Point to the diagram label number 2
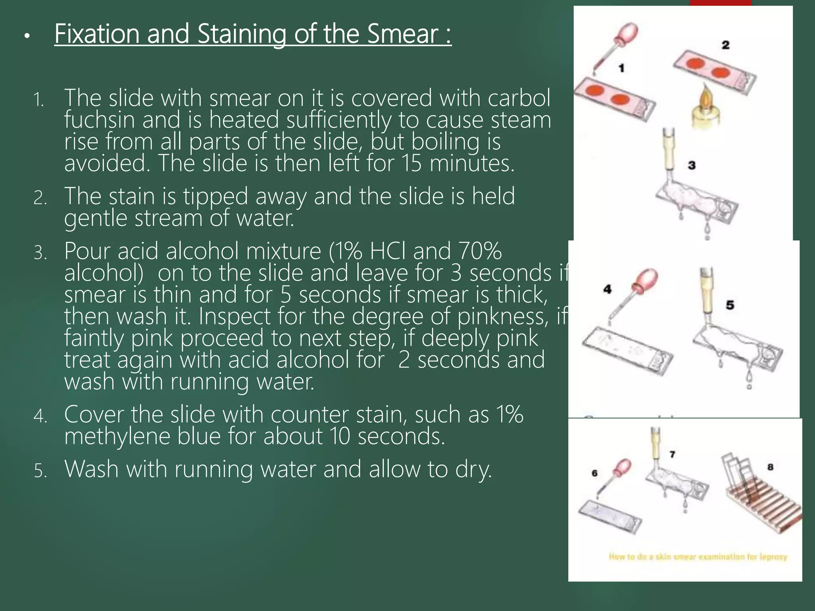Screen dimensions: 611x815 [725, 45]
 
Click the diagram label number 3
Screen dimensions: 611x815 [692, 165]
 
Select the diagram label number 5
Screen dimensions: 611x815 [730, 305]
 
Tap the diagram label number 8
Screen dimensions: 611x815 [770, 467]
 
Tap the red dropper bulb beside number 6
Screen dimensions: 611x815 [622, 468]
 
